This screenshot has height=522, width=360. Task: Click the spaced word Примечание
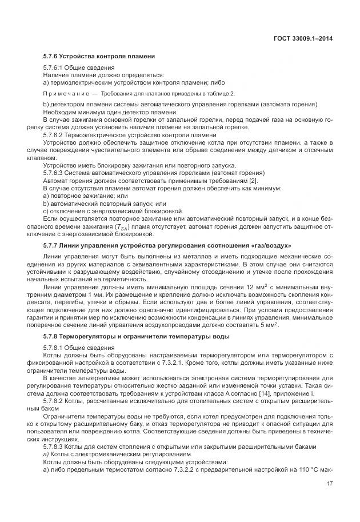(66, 93)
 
